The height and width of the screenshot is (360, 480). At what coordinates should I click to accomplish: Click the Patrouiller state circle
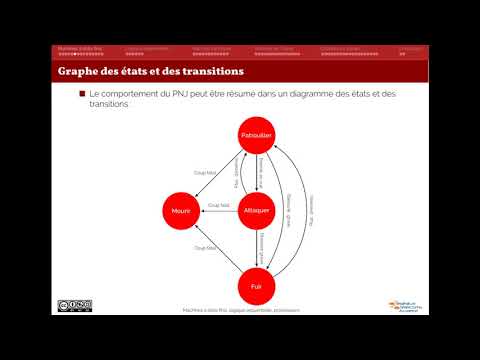(257, 135)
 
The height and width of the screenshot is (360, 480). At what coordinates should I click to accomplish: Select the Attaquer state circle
(257, 210)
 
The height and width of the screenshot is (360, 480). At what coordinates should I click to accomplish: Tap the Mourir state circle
(181, 210)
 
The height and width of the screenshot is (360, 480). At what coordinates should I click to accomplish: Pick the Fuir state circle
(257, 285)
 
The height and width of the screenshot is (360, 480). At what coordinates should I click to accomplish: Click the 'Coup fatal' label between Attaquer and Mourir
(218, 205)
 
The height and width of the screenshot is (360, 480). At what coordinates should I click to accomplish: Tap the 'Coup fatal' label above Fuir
(205, 248)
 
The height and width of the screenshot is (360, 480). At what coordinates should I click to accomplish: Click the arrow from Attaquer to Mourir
(219, 211)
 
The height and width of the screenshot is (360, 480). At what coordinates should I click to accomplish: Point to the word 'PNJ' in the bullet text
(153, 93)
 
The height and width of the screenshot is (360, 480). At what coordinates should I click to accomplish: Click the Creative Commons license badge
(74, 304)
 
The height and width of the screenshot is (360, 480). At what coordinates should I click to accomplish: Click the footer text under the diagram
(241, 310)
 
